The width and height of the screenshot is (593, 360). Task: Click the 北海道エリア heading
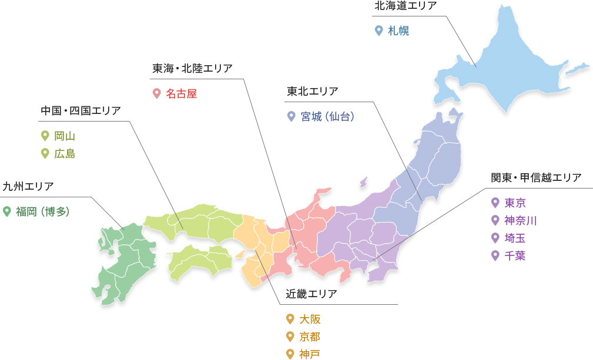click(405, 6)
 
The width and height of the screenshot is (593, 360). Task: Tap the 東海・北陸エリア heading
click(192, 68)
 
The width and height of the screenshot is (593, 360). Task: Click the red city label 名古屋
click(180, 93)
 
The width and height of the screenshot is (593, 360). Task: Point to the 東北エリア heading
click(312, 91)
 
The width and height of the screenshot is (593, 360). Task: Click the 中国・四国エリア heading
click(81, 110)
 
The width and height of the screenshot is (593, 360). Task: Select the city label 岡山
click(65, 136)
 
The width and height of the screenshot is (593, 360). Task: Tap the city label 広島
click(65, 154)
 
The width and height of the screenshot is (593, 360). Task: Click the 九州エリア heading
click(28, 186)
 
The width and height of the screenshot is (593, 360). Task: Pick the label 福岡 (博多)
click(42, 211)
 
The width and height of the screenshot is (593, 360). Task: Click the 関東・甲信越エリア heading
click(535, 177)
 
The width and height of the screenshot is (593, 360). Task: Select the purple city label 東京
click(515, 203)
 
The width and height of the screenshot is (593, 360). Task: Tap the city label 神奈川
click(521, 221)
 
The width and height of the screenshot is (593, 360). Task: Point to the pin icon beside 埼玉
click(495, 238)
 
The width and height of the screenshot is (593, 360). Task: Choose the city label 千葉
click(515, 255)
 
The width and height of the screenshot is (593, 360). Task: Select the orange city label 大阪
click(310, 319)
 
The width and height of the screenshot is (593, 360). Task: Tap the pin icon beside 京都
click(289, 337)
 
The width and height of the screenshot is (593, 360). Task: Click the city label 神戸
click(310, 354)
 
